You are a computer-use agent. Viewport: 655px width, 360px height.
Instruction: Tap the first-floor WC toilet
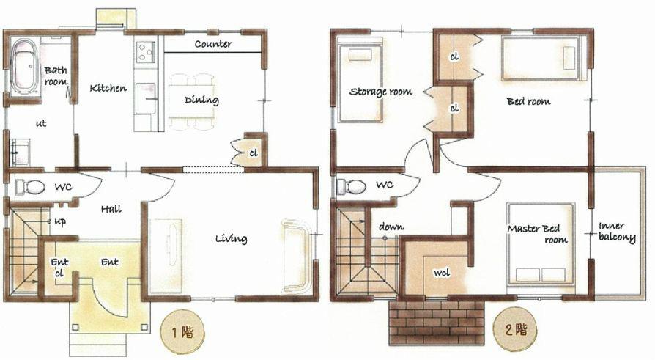click(x=31, y=187)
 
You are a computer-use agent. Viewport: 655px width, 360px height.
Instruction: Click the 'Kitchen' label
click(x=108, y=88)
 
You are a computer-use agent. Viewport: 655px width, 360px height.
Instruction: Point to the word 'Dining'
click(x=201, y=100)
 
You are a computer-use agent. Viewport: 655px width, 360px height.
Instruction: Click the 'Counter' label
click(x=213, y=44)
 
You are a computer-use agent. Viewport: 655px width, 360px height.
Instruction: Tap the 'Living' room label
click(x=231, y=238)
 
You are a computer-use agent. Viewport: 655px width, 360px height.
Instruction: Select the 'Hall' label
click(x=111, y=209)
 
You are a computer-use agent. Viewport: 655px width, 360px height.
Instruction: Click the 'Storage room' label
click(x=380, y=92)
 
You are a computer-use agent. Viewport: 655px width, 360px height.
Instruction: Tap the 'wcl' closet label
click(x=442, y=273)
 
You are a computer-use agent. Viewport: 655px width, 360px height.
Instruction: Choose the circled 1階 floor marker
click(x=177, y=331)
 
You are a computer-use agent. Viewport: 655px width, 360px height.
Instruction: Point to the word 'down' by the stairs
click(x=391, y=227)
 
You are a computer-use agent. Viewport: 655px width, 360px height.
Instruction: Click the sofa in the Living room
click(x=296, y=254)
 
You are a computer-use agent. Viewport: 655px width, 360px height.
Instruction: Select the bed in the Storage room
click(x=359, y=81)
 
